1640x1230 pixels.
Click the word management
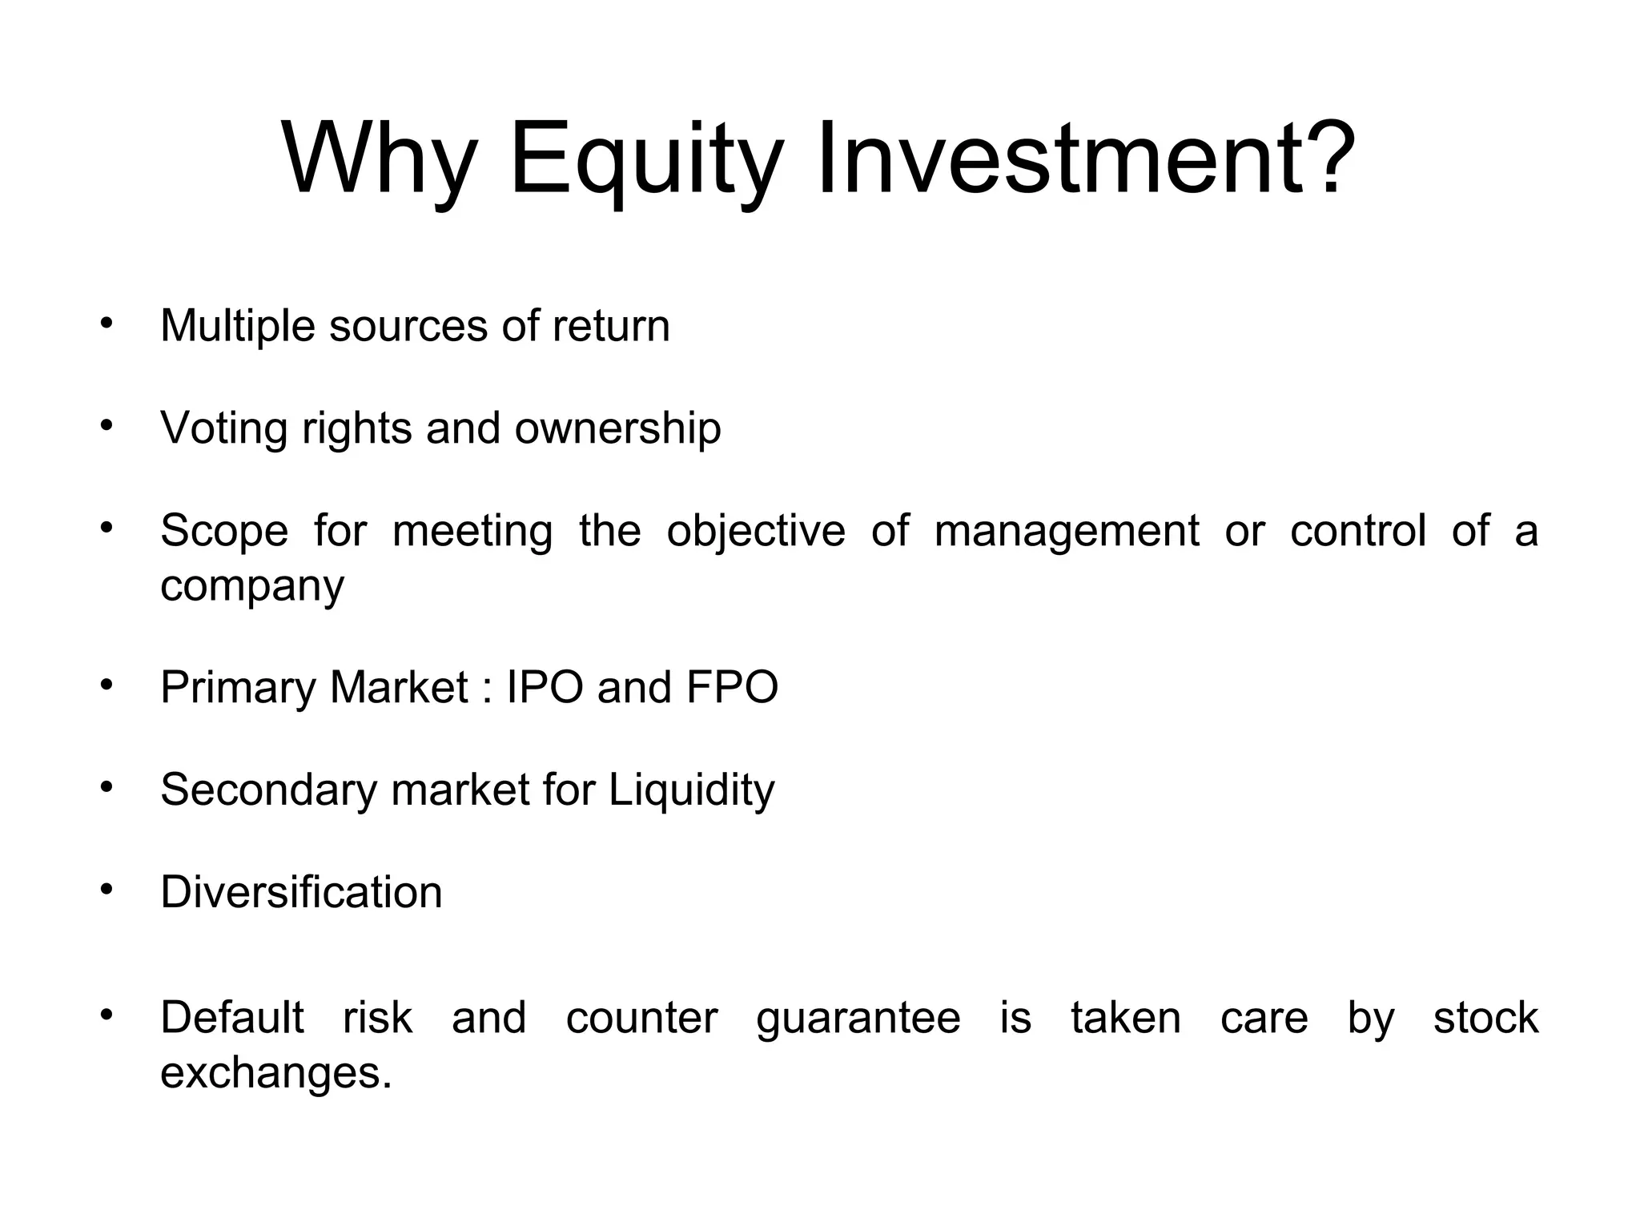[x=1066, y=531]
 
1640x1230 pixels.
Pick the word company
[x=251, y=586]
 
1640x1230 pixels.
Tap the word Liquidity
[x=691, y=790]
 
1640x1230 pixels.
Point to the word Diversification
[x=301, y=892]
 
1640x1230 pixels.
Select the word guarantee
[x=858, y=1019]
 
